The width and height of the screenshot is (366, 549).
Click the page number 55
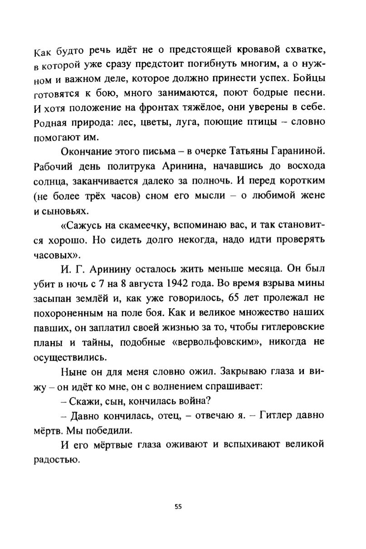[178, 507]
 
